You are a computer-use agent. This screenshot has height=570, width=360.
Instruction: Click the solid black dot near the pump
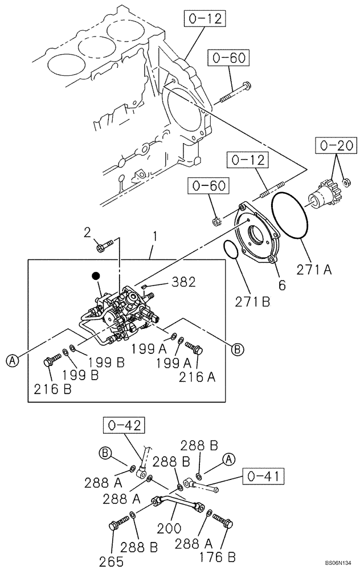(96, 276)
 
